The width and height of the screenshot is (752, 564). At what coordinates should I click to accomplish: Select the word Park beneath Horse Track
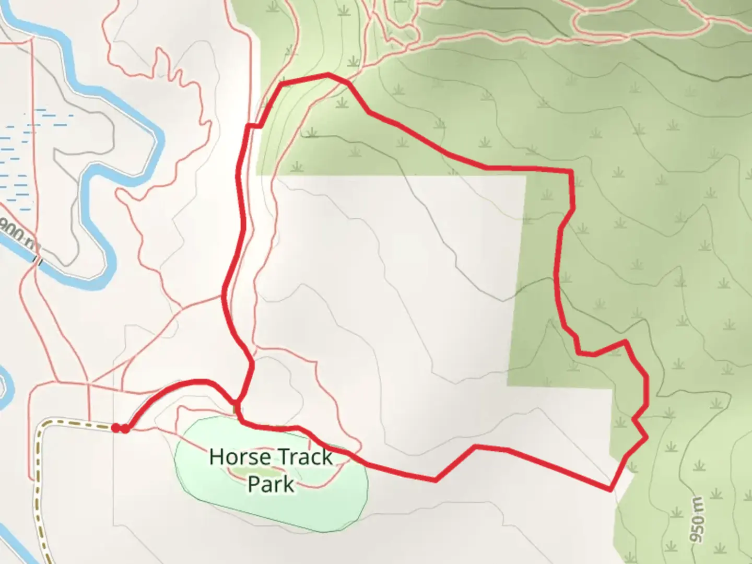click(271, 484)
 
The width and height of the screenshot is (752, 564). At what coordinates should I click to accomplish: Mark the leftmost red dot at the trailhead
click(115, 428)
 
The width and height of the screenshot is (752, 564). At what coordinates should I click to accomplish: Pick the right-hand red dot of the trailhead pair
click(125, 429)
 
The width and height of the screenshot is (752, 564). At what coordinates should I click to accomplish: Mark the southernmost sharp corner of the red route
click(610, 490)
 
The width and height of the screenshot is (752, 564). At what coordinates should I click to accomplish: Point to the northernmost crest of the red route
click(328, 75)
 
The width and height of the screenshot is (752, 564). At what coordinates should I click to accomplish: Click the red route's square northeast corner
click(571, 171)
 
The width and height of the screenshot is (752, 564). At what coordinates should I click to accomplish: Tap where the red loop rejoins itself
click(238, 405)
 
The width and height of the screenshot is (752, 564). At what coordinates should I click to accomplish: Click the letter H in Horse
click(215, 457)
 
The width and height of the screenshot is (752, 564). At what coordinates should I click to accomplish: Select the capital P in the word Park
click(253, 484)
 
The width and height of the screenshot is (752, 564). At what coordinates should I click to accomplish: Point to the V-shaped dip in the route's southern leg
click(436, 480)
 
